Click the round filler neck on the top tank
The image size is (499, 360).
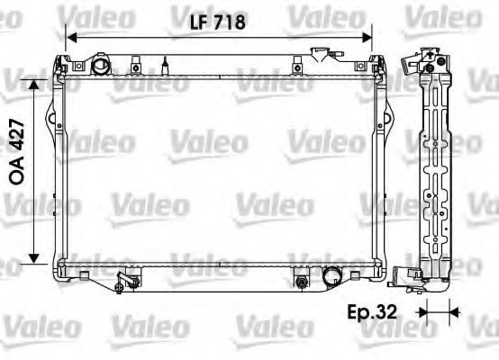(100, 66)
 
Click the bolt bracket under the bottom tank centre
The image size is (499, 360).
(300, 283)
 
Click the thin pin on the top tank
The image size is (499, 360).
(166, 64)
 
